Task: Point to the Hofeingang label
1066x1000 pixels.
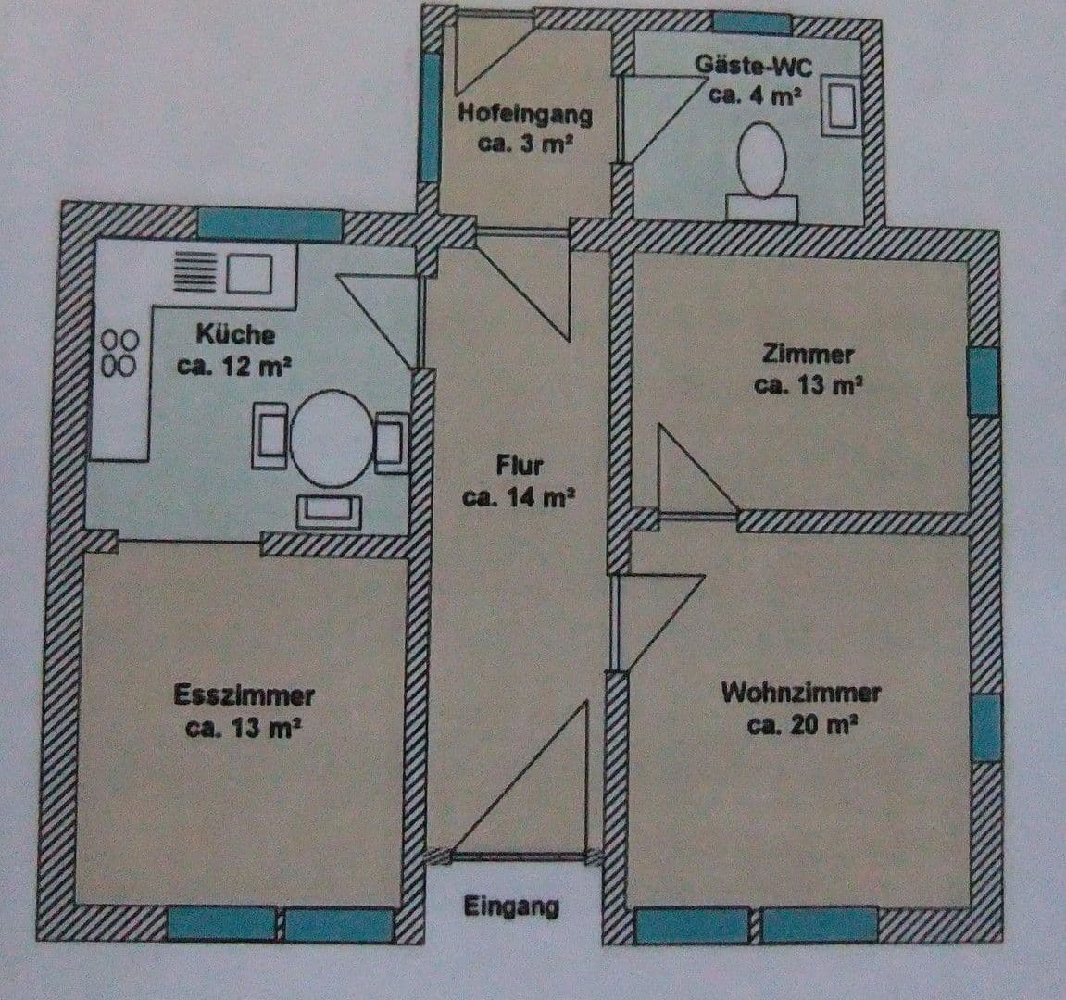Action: coord(525,115)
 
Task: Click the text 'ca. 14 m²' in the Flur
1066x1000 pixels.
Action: coord(520,497)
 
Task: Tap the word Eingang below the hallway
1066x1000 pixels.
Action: coord(512,906)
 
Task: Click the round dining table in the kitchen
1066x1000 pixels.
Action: coord(332,438)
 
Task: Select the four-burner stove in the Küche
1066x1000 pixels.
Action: coord(120,352)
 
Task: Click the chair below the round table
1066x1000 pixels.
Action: coord(328,509)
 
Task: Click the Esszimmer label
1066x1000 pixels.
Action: coord(245,695)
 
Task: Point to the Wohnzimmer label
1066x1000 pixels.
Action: coord(801,692)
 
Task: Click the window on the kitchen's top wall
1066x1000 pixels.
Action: coord(270,225)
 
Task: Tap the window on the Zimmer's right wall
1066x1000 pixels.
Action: coord(984,381)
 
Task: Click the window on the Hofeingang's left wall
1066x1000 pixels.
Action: coord(430,118)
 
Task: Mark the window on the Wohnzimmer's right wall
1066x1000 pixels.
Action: coord(987,727)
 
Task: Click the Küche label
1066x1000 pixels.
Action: coord(234,333)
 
